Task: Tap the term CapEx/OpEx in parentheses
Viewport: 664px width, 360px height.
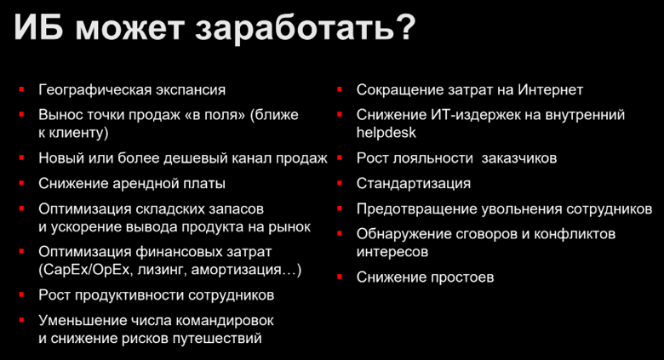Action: click(86, 270)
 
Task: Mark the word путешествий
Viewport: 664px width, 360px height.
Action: click(219, 338)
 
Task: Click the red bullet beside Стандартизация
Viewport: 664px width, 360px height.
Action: click(339, 183)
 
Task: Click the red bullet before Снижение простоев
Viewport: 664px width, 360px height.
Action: click(339, 277)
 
